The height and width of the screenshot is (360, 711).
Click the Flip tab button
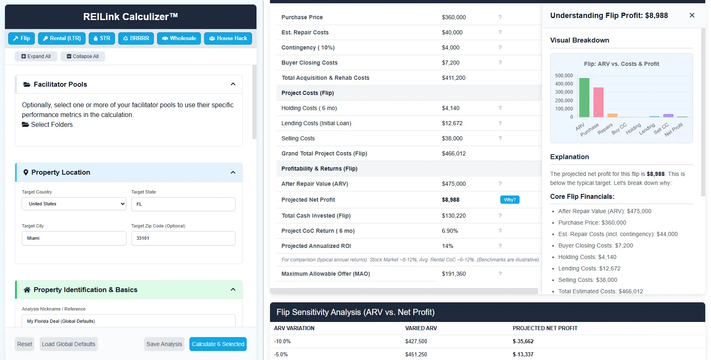pyautogui.click(x=22, y=38)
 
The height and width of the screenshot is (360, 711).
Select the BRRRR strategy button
pyautogui.click(x=136, y=38)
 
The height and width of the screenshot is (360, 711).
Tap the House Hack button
pyautogui.click(x=228, y=38)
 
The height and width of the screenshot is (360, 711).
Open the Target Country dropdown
pyautogui.click(x=74, y=204)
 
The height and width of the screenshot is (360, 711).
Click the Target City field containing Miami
pyautogui.click(x=74, y=238)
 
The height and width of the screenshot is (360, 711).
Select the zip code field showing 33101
pyautogui.click(x=183, y=238)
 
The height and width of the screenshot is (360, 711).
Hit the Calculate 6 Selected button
pyautogui.click(x=218, y=344)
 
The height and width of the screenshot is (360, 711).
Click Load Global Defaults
pyautogui.click(x=69, y=344)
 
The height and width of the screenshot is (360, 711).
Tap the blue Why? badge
pyautogui.click(x=510, y=200)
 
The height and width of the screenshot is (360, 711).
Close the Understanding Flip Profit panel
pyautogui.click(x=692, y=15)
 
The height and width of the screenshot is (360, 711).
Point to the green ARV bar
pyautogui.click(x=584, y=98)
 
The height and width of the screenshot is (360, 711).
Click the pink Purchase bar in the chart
pyautogui.click(x=598, y=102)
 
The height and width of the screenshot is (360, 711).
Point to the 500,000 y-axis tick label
pyautogui.click(x=564, y=76)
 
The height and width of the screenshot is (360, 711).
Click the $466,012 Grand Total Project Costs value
pyautogui.click(x=454, y=153)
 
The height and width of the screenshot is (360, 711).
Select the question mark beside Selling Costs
pyautogui.click(x=500, y=138)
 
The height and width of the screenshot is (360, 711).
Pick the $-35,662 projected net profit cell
pyautogui.click(x=523, y=341)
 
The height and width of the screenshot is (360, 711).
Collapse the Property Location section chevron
pyautogui.click(x=233, y=173)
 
